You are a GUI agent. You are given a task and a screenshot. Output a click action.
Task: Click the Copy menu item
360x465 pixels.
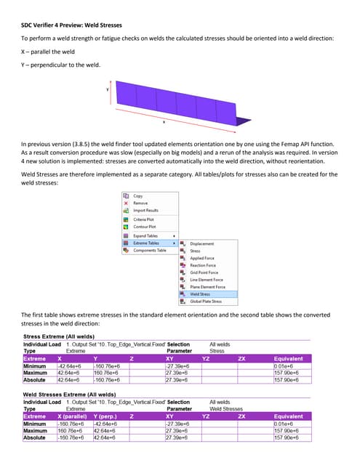click(138, 195)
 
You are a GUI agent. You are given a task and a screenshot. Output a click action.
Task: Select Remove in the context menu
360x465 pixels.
click(140, 203)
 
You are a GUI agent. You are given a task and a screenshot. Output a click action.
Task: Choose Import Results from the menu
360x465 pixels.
click(145, 210)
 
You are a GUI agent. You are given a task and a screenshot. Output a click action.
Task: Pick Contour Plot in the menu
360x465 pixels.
click(145, 227)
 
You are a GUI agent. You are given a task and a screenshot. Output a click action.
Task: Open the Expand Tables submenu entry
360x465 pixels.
click(146, 235)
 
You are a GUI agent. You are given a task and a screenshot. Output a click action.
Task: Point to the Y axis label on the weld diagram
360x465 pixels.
click(108, 90)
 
